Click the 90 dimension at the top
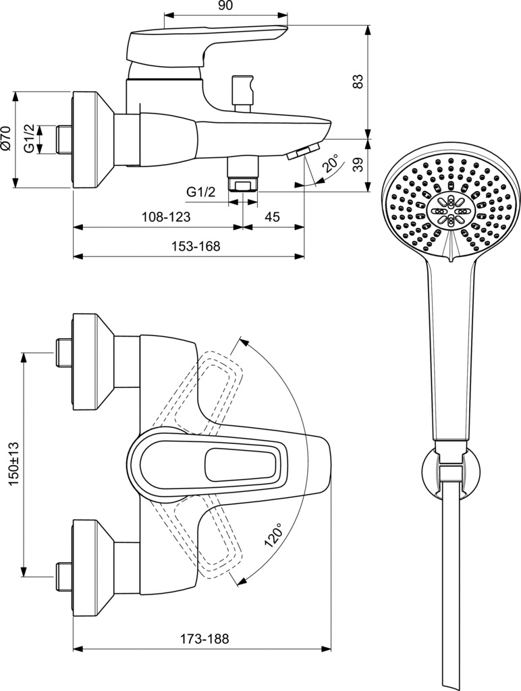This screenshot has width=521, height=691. pyautogui.click(x=226, y=6)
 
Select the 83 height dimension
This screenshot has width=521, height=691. pyautogui.click(x=358, y=81)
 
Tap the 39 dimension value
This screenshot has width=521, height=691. pyautogui.click(x=358, y=165)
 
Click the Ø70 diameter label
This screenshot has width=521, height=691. pyautogui.click(x=6, y=138)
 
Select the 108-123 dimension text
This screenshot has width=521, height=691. pyautogui.click(x=165, y=217)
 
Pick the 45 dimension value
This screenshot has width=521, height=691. pyautogui.click(x=273, y=217)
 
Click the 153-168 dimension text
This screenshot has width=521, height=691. pyautogui.click(x=196, y=247)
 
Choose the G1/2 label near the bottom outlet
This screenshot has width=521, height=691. pyautogui.click(x=200, y=192)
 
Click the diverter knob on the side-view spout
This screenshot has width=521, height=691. pyautogui.click(x=241, y=90)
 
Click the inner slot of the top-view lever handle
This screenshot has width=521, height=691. pyautogui.click(x=240, y=464)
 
